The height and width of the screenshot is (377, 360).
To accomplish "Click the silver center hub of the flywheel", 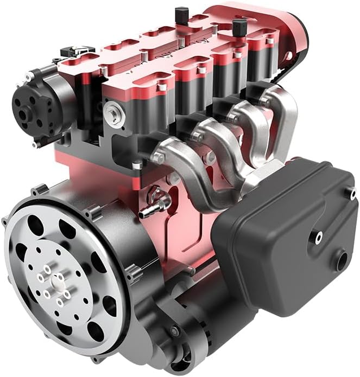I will click(56, 281).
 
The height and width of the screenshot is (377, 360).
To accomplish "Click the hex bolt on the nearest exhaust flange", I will click(159, 158).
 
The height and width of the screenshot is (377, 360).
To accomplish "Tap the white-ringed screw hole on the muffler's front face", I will click(319, 236).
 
